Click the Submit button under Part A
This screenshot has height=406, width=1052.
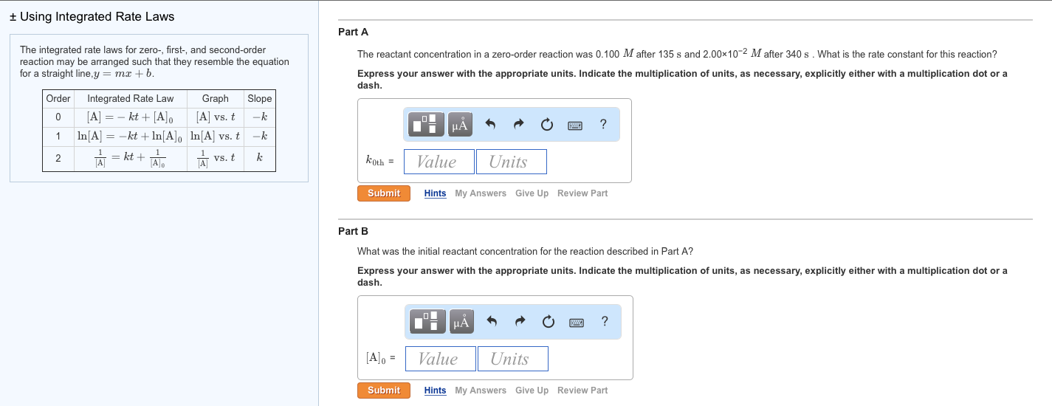pos(384,193)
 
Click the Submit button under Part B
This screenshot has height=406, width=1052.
pos(384,390)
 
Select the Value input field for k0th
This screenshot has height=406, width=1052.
pos(439,162)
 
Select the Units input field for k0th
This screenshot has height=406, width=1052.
pos(511,162)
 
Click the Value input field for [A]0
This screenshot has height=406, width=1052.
pos(440,359)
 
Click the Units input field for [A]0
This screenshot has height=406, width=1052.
pos(512,359)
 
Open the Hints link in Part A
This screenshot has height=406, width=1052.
pos(435,193)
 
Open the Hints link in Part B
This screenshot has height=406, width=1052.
pos(435,390)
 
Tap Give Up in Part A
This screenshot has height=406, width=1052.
pos(532,193)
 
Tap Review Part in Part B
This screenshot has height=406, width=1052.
pos(582,390)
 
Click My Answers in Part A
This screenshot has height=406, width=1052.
pos(481,193)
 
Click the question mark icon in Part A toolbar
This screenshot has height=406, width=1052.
pos(603,125)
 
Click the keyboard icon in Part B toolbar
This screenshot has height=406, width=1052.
pos(577,322)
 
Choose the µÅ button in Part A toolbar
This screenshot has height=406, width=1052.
pos(460,125)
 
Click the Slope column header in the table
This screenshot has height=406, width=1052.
pos(260,98)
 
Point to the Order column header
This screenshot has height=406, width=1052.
pos(58,98)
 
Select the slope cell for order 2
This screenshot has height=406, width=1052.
pos(260,157)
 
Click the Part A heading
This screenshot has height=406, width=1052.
pos(353,32)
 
